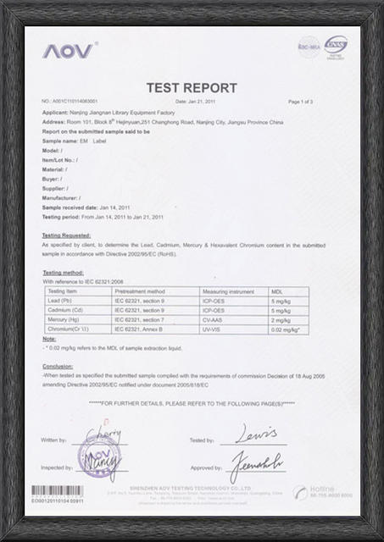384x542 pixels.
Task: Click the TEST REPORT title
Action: click(191, 86)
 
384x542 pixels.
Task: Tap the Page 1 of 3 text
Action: click(300, 102)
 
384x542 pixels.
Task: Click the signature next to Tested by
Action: click(253, 434)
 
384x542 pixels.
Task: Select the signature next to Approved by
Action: click(258, 464)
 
